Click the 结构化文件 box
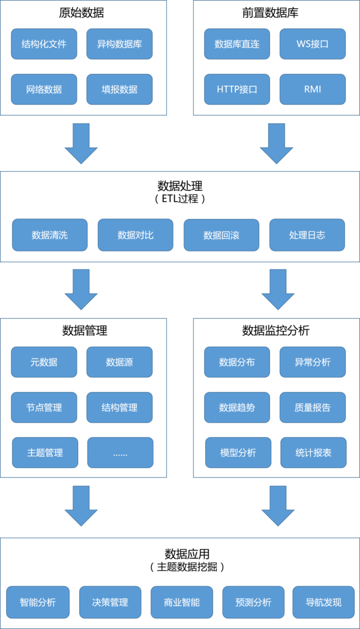44,44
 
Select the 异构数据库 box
119,44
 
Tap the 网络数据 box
44,89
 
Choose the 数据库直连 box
236,44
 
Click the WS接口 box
313,44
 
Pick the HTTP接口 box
236,89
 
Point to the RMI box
313,89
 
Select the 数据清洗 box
50,235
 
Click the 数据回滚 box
221,235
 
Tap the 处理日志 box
307,235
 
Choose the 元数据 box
44,362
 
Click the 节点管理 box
44,408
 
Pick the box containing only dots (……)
120,453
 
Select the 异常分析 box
313,362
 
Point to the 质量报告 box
313,408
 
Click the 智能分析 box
38,601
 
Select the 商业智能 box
182,601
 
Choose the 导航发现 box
323,601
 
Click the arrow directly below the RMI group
277,143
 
